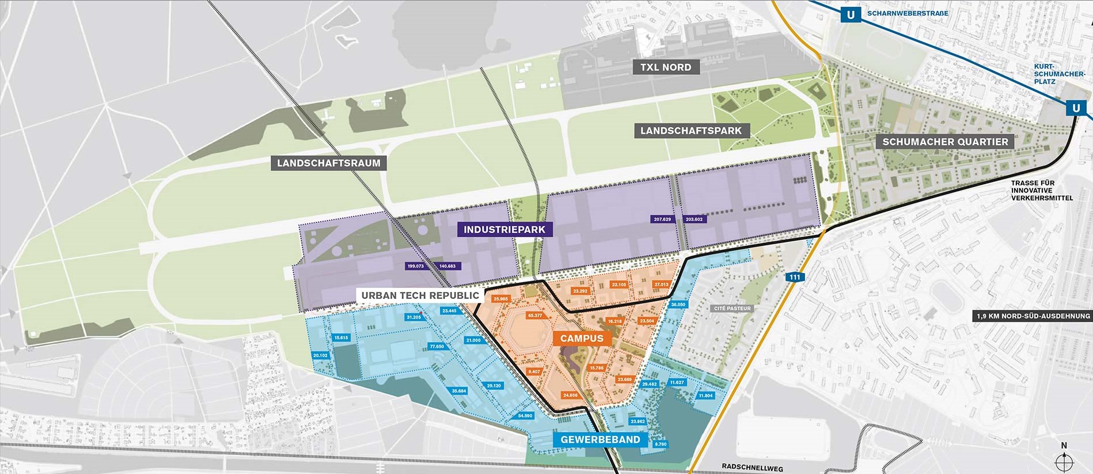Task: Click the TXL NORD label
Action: (666, 67)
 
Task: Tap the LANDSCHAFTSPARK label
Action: (691, 131)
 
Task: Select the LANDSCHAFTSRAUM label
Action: (328, 163)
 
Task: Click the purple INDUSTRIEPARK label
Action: (504, 229)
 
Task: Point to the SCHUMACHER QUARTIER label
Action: (945, 142)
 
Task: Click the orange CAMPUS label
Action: (582, 338)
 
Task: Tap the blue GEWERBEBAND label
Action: (600, 439)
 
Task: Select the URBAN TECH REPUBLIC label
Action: (420, 295)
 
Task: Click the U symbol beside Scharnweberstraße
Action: (851, 14)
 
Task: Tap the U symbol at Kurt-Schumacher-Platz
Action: (1076, 108)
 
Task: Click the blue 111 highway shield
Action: (795, 277)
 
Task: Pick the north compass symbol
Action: (1064, 461)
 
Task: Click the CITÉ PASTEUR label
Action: (732, 308)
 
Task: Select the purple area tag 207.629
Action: (662, 219)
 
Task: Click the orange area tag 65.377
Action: (535, 315)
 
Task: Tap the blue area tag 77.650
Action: (437, 346)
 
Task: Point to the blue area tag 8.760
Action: (661, 444)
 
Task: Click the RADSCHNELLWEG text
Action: (752, 468)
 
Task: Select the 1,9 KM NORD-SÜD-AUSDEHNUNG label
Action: (1033, 316)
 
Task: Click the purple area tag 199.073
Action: (415, 266)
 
